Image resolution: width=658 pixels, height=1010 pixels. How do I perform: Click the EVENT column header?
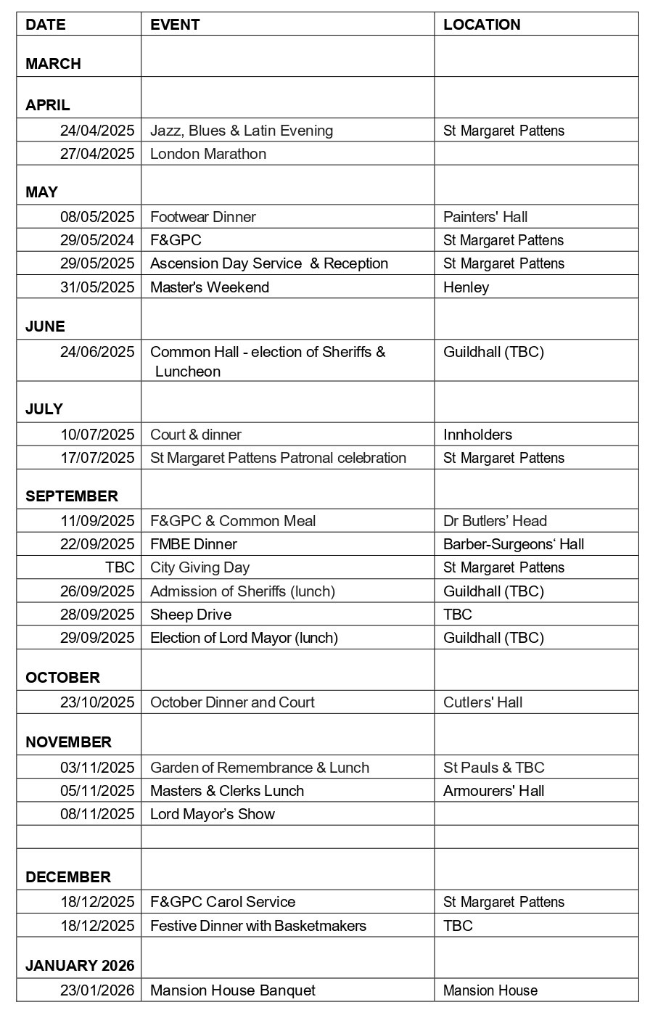[175, 25]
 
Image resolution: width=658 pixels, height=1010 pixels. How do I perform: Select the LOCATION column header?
[482, 25]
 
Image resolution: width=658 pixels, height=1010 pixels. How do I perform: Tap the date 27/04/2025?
[97, 154]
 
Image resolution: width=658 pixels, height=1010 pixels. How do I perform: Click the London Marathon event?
[208, 154]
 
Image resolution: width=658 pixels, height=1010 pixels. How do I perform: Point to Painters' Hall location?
[485, 217]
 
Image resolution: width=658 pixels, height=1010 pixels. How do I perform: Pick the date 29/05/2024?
[97, 240]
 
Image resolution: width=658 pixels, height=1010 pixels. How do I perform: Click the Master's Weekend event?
[210, 287]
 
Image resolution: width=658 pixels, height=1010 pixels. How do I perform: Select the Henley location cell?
[466, 287]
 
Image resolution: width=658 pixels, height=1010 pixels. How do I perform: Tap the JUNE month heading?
[45, 327]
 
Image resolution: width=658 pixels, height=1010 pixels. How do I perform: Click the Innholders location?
[477, 435]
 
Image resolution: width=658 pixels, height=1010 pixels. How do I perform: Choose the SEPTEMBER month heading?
[71, 496]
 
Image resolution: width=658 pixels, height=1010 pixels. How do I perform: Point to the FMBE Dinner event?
[194, 544]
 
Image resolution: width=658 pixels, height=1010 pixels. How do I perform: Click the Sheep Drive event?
[191, 615]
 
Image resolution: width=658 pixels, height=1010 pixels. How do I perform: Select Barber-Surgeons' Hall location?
[514, 544]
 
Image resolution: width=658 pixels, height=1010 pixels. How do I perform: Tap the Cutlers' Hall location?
[482, 702]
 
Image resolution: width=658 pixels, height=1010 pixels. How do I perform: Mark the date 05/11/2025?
[97, 791]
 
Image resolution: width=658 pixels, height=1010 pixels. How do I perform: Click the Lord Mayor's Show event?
[213, 814]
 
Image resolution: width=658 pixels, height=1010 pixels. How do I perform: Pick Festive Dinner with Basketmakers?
[258, 926]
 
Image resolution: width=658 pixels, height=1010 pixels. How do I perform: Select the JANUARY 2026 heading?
[80, 966]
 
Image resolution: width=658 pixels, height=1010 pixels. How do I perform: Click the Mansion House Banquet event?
[233, 990]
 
